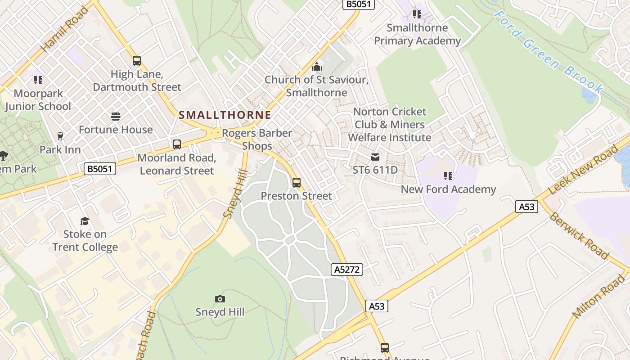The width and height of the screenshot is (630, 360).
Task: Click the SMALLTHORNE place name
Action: [225, 115]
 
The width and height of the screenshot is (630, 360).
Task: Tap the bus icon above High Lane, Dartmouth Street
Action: [137, 61]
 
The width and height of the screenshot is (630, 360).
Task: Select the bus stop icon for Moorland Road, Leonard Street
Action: [177, 144]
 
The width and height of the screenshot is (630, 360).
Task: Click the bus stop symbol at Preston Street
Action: [296, 182]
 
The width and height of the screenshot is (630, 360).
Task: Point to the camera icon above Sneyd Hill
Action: [220, 299]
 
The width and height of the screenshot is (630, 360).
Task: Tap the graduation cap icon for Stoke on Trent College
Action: [85, 220]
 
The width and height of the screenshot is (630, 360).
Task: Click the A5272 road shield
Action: [347, 270]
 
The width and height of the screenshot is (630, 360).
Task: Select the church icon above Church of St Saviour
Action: [317, 67]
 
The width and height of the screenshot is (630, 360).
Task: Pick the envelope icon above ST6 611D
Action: [375, 157]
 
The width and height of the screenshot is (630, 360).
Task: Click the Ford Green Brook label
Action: [548, 52]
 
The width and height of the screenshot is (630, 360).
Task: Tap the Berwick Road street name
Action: [579, 235]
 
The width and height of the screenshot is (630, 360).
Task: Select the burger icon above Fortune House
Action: [116, 117]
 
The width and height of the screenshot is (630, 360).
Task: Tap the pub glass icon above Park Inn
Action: [60, 136]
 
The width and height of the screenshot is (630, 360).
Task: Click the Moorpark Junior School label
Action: [38, 100]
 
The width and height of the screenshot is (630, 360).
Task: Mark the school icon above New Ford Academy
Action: [448, 176]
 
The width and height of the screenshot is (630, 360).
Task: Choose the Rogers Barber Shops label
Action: [257, 139]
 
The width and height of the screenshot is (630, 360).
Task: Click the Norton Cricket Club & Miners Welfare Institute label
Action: [390, 125]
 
